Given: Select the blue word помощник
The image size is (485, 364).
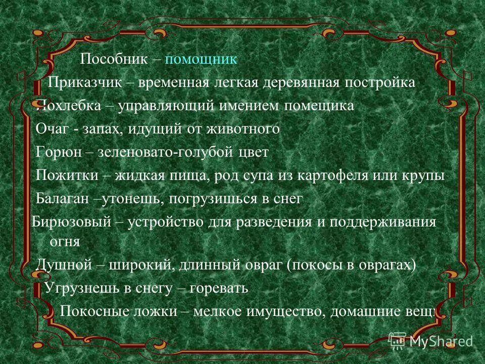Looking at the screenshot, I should tap(201, 60).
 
